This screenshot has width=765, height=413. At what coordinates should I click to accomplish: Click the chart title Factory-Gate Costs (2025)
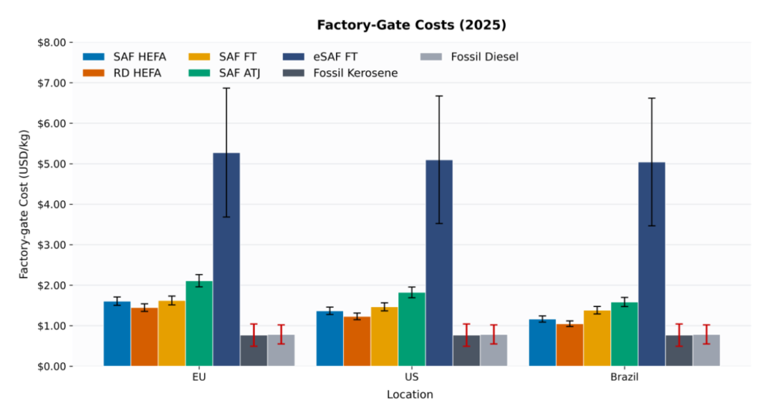coord(411,25)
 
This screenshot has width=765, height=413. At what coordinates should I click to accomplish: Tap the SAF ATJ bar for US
coord(412,329)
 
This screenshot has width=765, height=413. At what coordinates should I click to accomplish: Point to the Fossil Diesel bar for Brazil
coord(706,350)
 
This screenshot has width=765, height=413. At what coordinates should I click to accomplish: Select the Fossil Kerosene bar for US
coord(466,350)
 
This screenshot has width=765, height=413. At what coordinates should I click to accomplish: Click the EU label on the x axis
coord(199,378)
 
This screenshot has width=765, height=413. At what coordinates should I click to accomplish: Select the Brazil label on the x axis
coord(624,378)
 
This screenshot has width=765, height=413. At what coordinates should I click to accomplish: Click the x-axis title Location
coord(409,394)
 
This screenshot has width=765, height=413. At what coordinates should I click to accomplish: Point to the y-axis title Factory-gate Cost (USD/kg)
coord(25,204)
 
